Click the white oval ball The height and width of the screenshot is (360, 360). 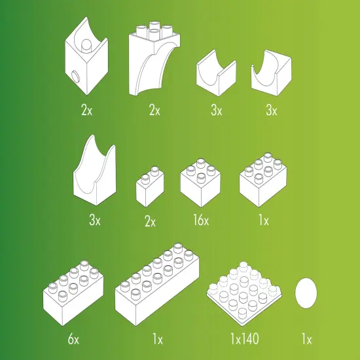tap(306, 293)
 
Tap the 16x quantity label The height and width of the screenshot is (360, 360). tap(201, 220)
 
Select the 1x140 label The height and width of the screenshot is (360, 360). tap(245, 338)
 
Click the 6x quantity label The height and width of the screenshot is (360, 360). tap(73, 338)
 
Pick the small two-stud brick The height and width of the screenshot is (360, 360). tap(150, 187)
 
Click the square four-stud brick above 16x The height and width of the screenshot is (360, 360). tap(200, 183)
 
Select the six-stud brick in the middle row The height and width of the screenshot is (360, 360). tap(263, 179)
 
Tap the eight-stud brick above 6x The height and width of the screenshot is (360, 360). tap(73, 293)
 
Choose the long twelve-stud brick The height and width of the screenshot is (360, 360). tap(157, 284)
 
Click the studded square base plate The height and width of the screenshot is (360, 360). tap(244, 295)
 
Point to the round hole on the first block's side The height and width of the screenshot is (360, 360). tap(75, 76)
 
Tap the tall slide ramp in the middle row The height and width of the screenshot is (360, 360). tap(94, 170)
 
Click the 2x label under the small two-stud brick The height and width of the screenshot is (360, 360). tap(150, 221)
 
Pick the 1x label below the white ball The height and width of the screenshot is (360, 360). tap(306, 338)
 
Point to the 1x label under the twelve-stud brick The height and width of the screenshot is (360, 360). tap(158, 338)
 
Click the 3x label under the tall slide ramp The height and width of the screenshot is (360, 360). tap(95, 220)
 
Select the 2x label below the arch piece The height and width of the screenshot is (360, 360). tap(154, 110)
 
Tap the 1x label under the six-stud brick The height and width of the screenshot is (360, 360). tap(264, 220)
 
